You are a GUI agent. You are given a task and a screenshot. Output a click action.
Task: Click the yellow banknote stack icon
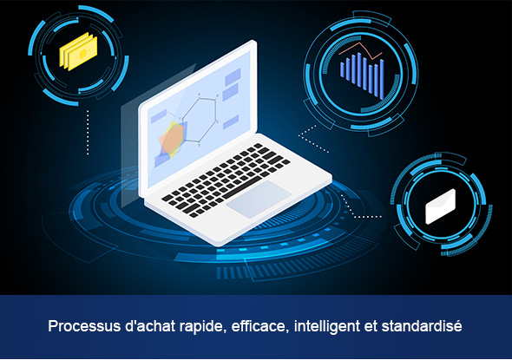(78, 51)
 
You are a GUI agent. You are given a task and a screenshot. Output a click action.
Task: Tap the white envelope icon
(441, 206)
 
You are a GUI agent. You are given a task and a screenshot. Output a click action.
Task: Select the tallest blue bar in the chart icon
(359, 70)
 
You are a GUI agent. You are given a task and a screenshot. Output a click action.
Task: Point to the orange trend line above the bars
(360, 51)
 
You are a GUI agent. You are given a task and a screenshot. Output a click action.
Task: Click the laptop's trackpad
(259, 200)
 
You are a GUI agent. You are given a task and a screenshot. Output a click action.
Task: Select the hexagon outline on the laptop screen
(200, 120)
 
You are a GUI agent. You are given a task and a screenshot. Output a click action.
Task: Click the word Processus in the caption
(84, 326)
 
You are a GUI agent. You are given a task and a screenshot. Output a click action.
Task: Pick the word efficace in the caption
(260, 326)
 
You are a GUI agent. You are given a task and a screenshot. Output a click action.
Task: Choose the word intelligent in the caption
(326, 326)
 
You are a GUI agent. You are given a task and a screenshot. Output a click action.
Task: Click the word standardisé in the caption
(422, 325)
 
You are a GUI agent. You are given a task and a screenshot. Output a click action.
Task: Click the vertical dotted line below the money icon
(88, 132)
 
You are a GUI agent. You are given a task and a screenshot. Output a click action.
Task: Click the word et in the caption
(371, 326)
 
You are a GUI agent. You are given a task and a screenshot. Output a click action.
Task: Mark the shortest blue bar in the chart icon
(342, 70)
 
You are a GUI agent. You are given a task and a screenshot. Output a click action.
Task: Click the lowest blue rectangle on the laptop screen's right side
(231, 122)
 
